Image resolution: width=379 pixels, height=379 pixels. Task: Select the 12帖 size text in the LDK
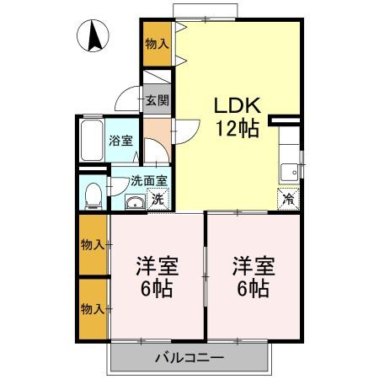coord(238,130)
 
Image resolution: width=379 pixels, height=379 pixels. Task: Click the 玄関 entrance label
coord(155,99)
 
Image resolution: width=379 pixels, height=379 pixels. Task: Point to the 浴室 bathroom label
coord(121,141)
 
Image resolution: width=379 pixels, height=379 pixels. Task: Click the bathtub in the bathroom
coord(91,141)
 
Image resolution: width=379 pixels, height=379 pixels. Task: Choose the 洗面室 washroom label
coord(148,179)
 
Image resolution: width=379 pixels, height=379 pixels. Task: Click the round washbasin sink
coord(134,201)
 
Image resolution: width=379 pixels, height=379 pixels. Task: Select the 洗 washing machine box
coord(157,200)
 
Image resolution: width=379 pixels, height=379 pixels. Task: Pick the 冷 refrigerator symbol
coord(287,200)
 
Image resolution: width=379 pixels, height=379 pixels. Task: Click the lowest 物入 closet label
coord(93,309)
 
